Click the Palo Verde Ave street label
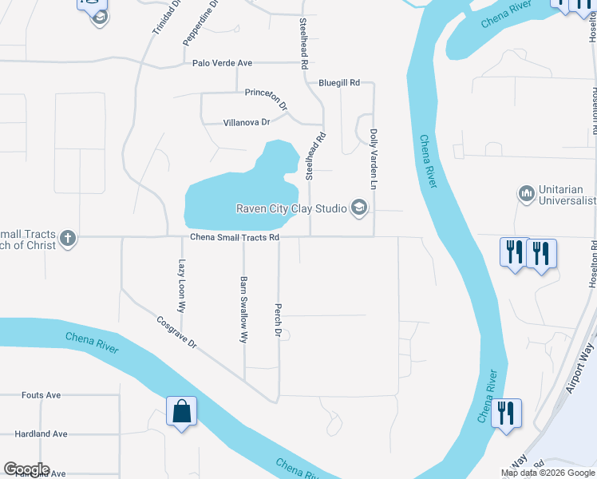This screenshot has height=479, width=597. coord(222,63)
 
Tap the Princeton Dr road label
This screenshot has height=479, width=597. coord(266,98)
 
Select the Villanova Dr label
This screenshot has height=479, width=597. coord(247,122)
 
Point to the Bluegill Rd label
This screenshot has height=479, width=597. coord(339,82)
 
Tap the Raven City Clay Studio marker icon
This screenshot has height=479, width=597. coord(359,208)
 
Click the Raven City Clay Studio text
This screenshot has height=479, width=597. coord(291,208)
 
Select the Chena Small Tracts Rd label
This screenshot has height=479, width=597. coord(235,237)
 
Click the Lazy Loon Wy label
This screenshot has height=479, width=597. coord(182,285)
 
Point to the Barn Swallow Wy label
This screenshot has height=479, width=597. coord(243,310)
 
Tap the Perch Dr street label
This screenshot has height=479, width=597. coord(279,319)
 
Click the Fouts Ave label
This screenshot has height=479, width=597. coord(42,395)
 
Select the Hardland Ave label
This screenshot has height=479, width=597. coord(41,434)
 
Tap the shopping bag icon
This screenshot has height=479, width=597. coord(182,412)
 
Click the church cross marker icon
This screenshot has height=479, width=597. coord(68,237)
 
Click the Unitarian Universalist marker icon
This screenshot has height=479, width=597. coord(526,193)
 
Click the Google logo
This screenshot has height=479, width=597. coord(26,469)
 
